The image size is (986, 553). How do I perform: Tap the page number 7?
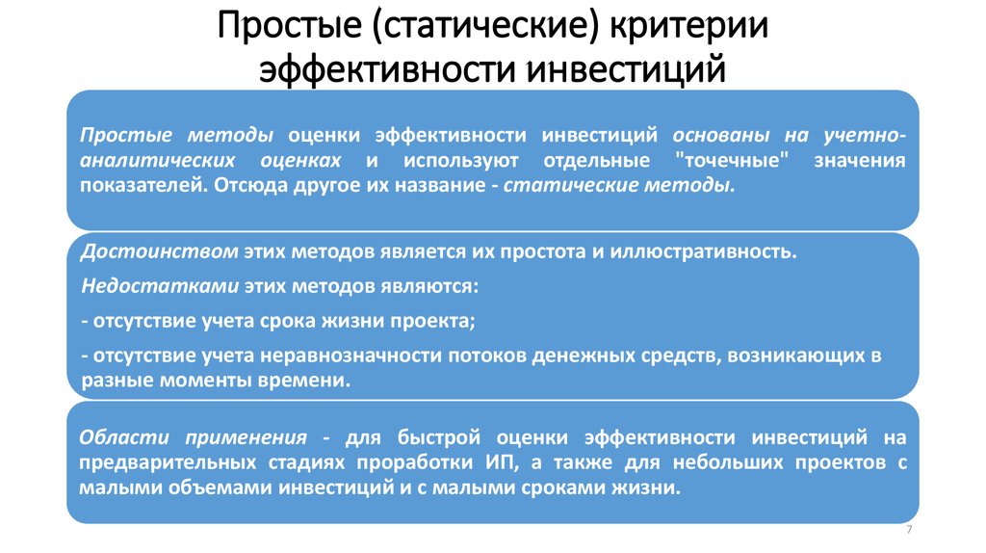pyautogui.click(x=909, y=533)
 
